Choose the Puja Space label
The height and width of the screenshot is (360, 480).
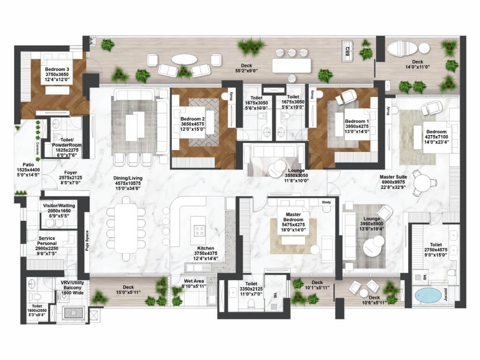[87, 241]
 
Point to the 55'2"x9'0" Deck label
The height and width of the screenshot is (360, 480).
[247, 68]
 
